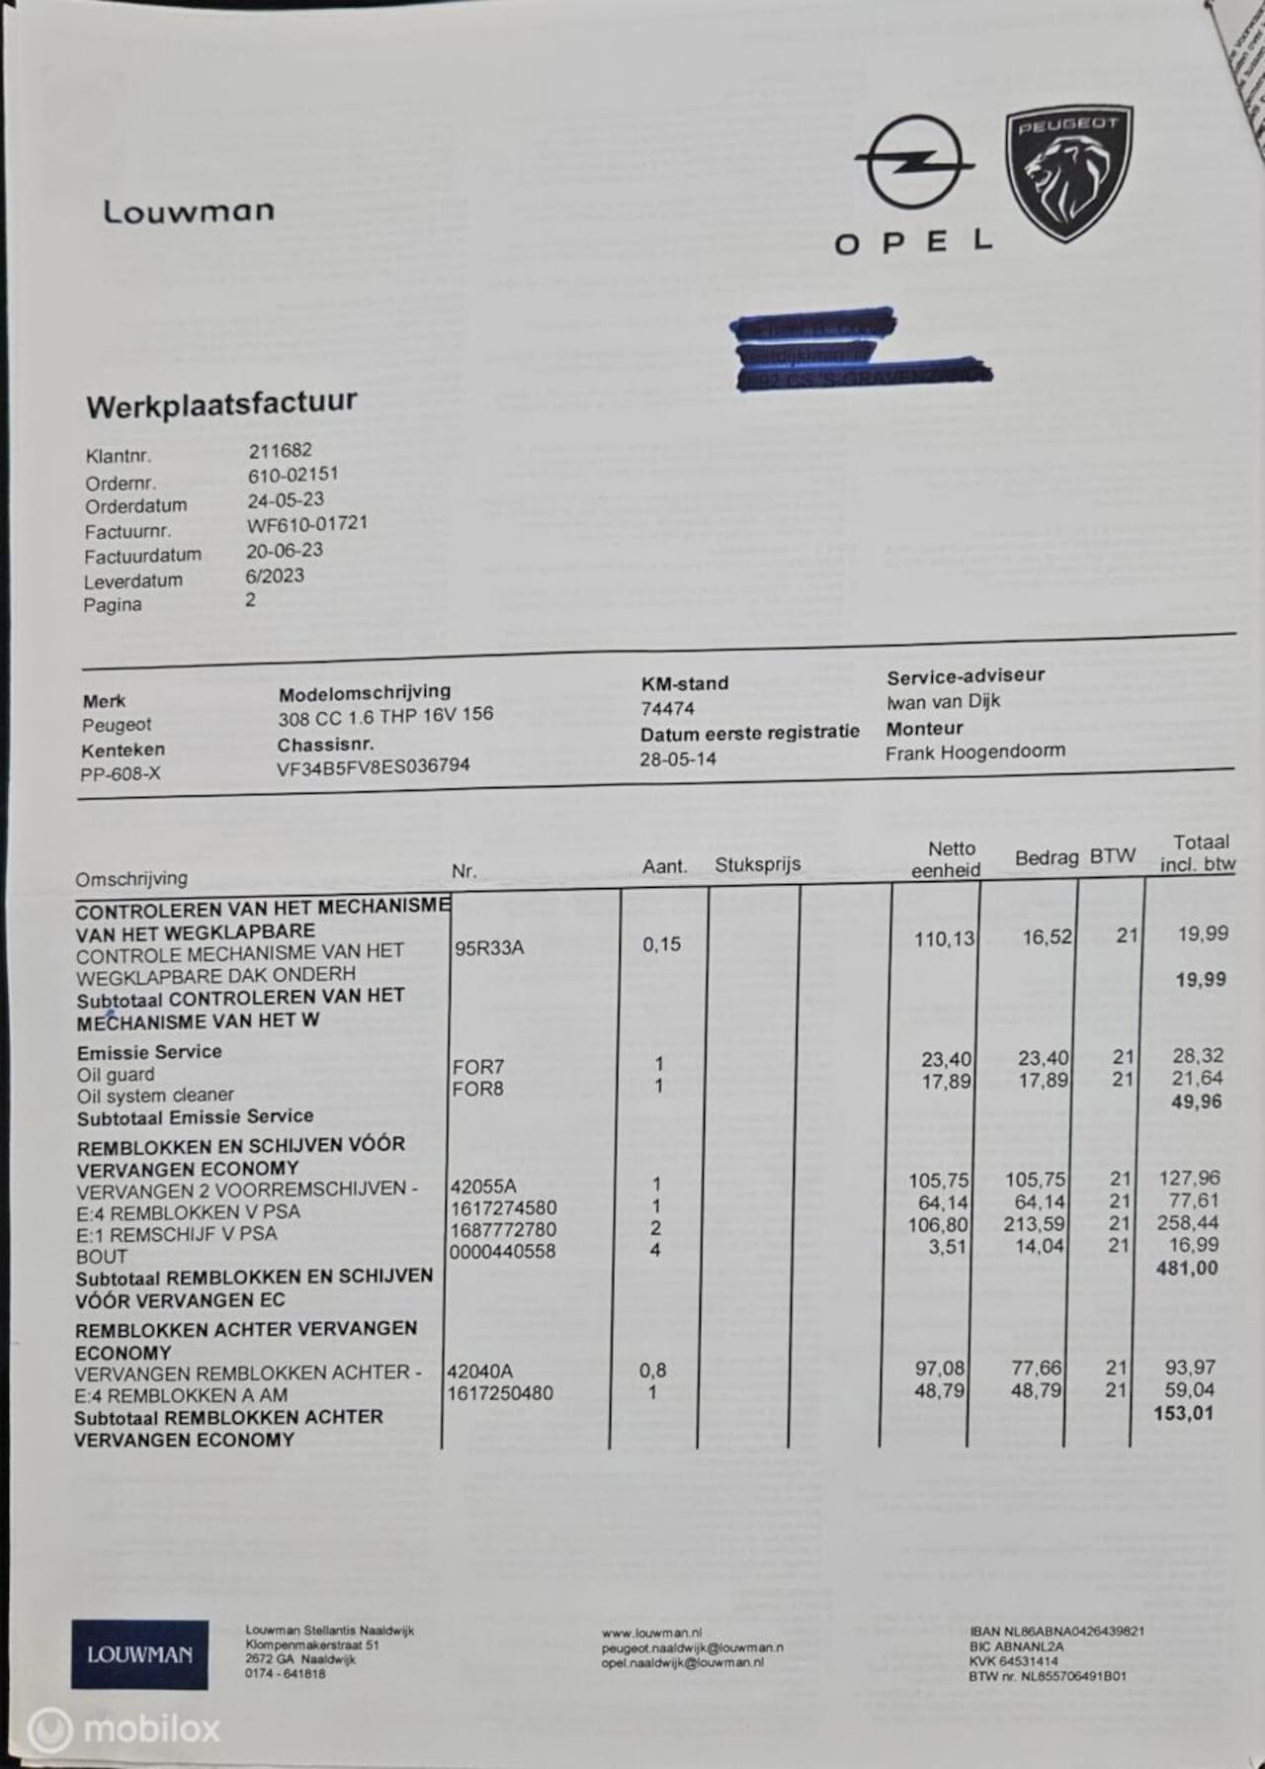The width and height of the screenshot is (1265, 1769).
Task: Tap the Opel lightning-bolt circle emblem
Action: coord(914,163)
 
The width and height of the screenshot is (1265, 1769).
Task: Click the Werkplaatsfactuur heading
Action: coord(220,403)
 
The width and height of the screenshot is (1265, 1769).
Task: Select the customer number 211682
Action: coord(280,451)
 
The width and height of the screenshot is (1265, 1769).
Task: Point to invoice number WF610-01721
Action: coord(306,524)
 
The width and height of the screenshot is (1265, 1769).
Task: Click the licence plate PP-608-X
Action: coord(120,773)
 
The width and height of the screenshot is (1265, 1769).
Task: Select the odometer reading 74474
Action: coord(667,708)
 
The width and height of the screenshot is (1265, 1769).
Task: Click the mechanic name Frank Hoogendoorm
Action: coord(974,752)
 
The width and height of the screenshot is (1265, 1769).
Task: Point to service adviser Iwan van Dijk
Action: coord(943,701)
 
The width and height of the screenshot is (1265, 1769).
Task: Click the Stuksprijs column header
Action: coord(757,864)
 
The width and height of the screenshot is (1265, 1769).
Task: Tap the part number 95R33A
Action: coord(489,948)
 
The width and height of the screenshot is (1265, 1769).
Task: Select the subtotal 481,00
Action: coord(1186,1268)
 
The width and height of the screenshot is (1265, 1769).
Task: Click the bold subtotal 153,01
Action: coord(1185,1413)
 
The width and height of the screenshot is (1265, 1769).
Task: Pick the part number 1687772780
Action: coord(502,1230)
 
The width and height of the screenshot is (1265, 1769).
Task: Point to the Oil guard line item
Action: coord(116,1075)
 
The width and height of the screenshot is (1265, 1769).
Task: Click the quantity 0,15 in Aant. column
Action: coord(661,944)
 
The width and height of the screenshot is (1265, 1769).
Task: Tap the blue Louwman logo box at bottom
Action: coord(139,1653)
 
